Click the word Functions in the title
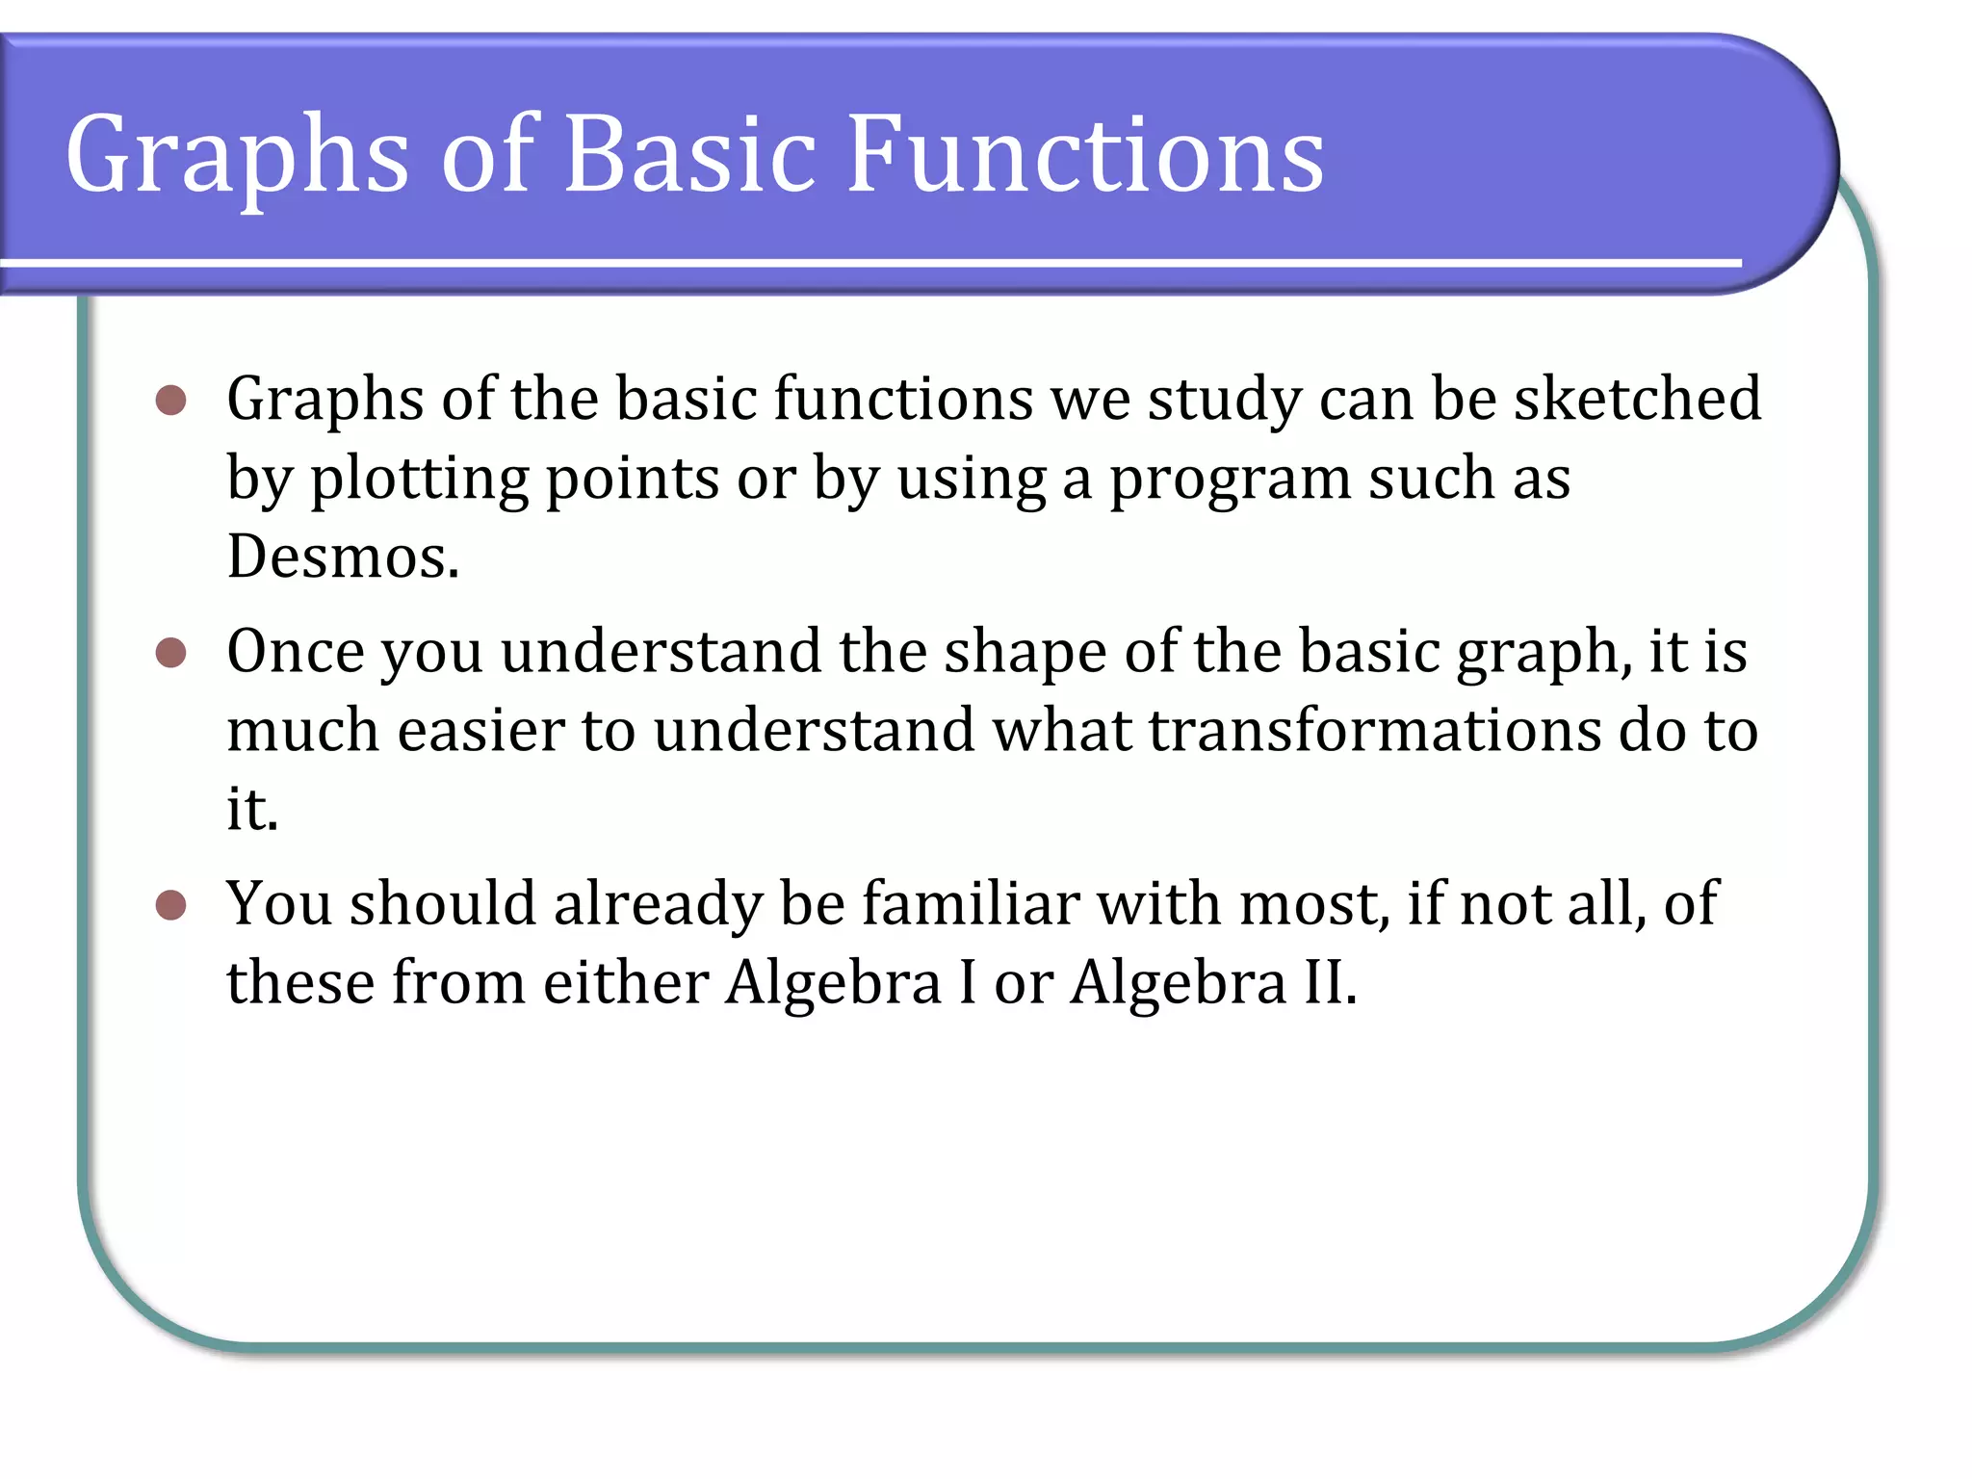point(1085,154)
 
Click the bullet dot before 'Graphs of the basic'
point(170,400)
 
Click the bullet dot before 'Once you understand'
point(170,653)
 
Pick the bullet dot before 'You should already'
point(170,905)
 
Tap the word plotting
point(419,479)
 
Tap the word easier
point(480,730)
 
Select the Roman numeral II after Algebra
point(1323,983)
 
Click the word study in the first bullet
point(1224,401)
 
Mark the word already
point(658,906)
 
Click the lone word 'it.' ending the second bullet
point(252,809)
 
